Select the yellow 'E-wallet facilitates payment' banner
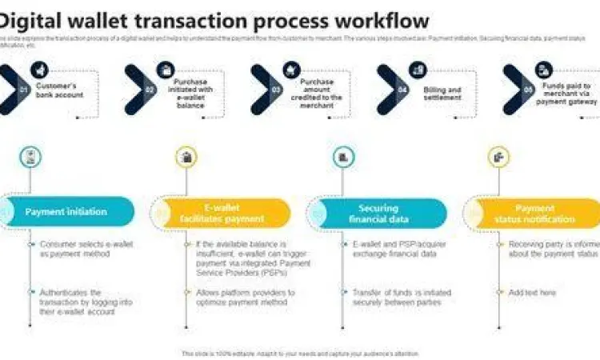point(222,213)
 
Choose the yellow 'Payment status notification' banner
point(534,213)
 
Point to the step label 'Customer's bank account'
point(61,90)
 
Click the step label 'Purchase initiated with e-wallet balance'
point(190,94)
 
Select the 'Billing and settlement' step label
point(442,94)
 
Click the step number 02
point(150,90)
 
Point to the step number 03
point(276,90)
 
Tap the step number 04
point(402,90)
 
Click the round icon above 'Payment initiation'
point(30,157)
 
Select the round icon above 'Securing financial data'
point(342,157)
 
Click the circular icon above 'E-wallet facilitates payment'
point(186,157)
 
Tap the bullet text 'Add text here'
point(532,293)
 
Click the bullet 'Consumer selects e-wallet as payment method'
point(77,249)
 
